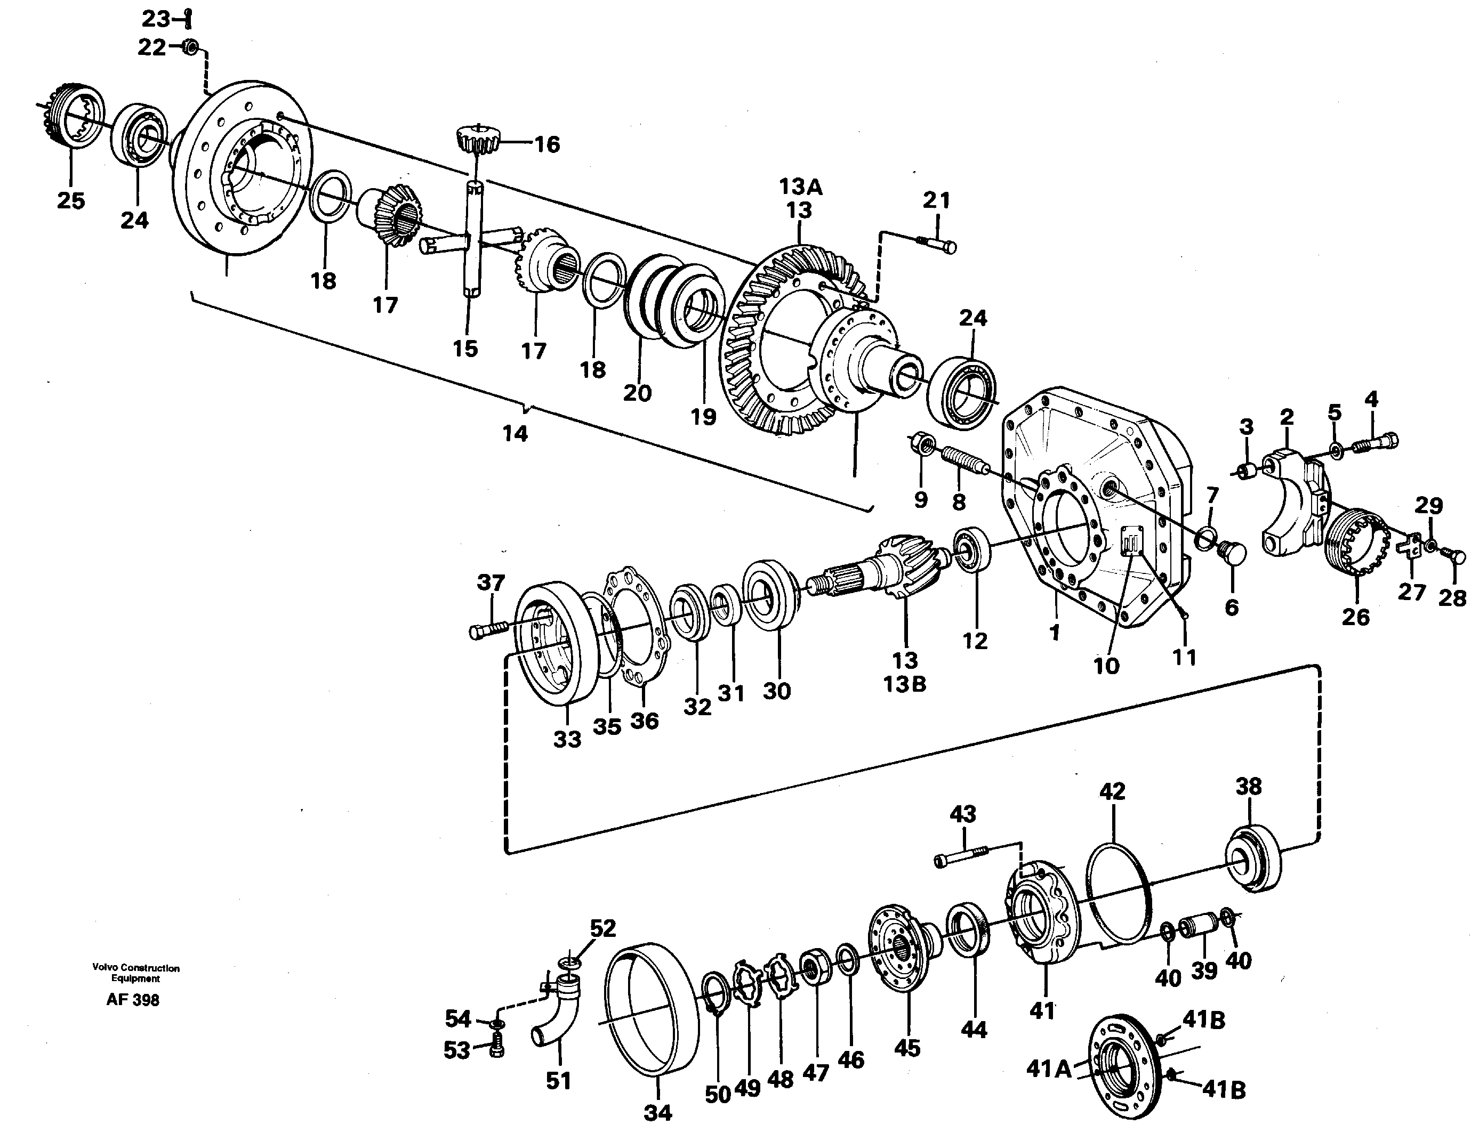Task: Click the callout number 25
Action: [71, 200]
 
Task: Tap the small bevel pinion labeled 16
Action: [478, 139]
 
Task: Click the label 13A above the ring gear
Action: [800, 188]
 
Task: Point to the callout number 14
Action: [515, 434]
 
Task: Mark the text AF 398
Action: [133, 1000]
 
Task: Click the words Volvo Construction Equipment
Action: [136, 973]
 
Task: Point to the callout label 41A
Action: [1049, 1070]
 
